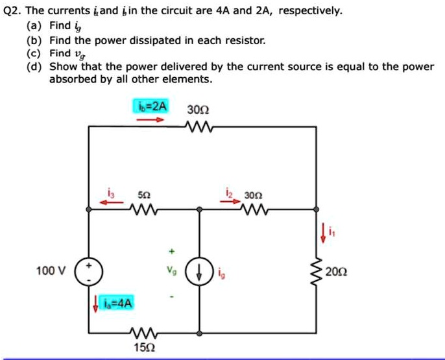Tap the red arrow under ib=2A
(x=150, y=119)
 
